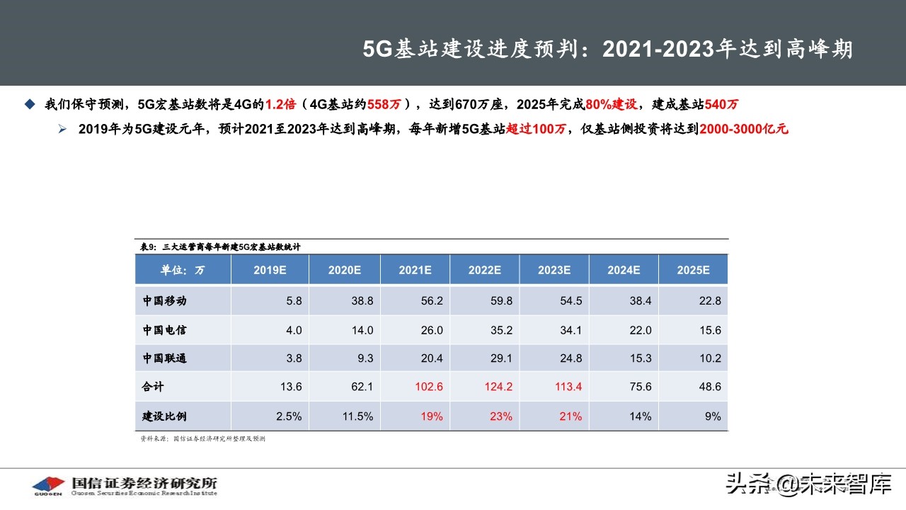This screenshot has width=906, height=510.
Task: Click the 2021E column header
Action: click(415, 270)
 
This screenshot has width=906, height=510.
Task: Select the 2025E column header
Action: click(693, 270)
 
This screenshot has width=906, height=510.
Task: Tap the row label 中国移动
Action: click(164, 300)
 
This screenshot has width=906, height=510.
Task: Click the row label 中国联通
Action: click(164, 358)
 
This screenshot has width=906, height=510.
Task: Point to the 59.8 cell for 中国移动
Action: click(500, 300)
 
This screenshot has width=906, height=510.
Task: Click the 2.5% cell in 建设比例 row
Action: click(287, 416)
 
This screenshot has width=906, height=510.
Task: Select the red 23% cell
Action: click(500, 416)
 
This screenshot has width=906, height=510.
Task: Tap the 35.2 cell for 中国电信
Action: click(500, 330)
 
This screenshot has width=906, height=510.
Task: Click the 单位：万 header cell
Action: click(183, 270)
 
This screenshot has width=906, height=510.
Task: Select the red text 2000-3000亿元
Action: click(743, 129)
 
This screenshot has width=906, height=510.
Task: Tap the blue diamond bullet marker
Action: click(29, 104)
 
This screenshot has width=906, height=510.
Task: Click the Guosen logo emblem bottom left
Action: click(48, 485)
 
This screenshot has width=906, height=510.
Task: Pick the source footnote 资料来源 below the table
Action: click(202, 439)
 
